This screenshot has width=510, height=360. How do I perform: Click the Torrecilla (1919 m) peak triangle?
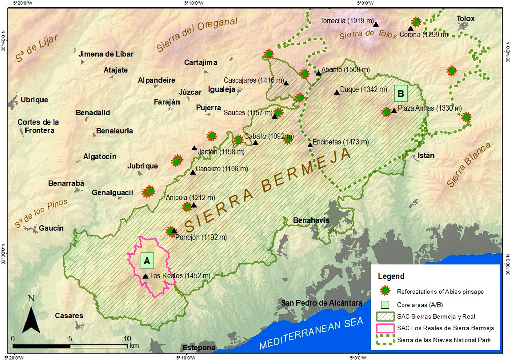[376, 24]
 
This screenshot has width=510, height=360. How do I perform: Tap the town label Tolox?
[465, 19]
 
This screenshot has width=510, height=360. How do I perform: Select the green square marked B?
[401, 94]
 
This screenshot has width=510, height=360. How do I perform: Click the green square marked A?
[147, 261]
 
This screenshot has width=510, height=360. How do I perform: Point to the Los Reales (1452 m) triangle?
[146, 276]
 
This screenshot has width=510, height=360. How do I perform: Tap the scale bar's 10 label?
[127, 339]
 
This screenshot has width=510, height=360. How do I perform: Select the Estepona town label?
[199, 348]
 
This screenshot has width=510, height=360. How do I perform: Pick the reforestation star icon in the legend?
[385, 291]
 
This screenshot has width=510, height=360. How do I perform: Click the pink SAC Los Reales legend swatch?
[385, 328]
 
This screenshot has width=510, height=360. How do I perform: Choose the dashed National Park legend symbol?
[385, 340]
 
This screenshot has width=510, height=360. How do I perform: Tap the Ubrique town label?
[34, 100]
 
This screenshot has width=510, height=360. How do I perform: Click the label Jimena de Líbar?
[106, 54]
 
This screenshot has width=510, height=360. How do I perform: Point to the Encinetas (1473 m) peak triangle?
[310, 145]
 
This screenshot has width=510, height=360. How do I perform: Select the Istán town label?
[426, 156]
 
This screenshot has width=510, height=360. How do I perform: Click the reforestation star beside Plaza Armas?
[386, 112]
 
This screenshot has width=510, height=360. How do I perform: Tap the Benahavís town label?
[311, 220]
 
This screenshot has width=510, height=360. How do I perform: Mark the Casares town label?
[69, 316]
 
